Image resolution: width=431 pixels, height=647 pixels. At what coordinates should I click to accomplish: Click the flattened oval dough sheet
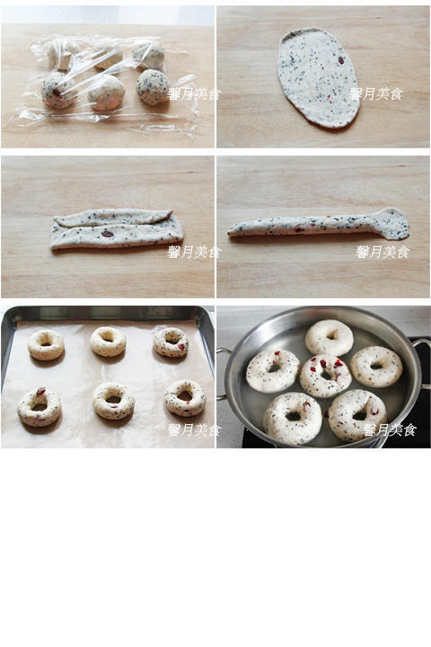click(319, 77)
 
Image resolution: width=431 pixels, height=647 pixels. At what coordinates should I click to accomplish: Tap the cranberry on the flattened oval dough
click(341, 60)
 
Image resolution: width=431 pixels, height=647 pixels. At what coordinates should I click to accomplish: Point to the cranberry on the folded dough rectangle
click(107, 234)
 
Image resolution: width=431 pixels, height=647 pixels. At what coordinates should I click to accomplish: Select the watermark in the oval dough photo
click(375, 94)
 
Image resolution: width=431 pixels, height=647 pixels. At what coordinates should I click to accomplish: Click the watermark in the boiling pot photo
click(390, 430)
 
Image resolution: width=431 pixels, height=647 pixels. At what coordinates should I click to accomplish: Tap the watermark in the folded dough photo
click(194, 252)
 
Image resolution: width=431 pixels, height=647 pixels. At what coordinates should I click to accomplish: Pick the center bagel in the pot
click(325, 376)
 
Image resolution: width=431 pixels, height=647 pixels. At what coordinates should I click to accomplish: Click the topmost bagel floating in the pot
click(330, 338)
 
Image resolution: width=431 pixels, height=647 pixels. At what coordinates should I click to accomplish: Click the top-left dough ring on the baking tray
click(46, 344)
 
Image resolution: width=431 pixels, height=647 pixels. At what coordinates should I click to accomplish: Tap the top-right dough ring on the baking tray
click(171, 342)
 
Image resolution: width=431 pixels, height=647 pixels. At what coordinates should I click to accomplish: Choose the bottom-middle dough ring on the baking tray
click(113, 401)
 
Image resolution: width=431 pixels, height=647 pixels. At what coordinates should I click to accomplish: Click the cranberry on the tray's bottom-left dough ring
click(40, 391)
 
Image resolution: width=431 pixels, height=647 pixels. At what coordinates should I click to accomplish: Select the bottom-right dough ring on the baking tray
click(185, 398)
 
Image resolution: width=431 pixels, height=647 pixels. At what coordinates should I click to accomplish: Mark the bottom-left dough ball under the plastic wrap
click(58, 91)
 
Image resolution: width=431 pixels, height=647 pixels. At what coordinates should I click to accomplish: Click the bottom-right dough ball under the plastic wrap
click(153, 86)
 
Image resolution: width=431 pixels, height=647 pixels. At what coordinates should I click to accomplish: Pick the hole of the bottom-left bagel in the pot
click(294, 416)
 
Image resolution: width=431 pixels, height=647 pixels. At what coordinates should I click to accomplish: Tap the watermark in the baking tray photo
click(194, 430)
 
